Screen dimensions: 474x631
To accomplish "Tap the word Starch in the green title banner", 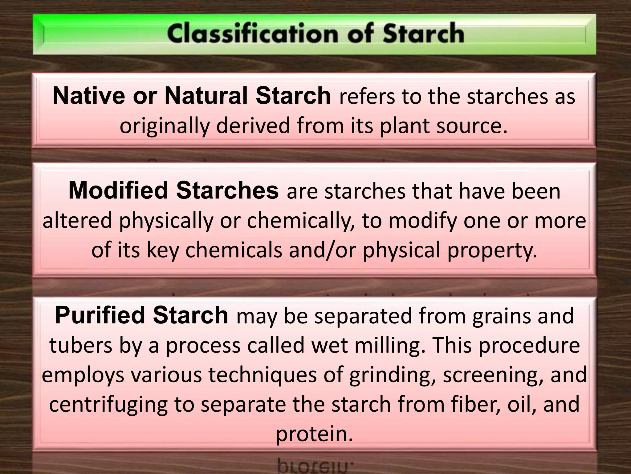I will (x=423, y=34).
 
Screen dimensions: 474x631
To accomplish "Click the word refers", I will (x=367, y=97).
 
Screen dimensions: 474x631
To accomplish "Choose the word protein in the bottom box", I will (x=314, y=434).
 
